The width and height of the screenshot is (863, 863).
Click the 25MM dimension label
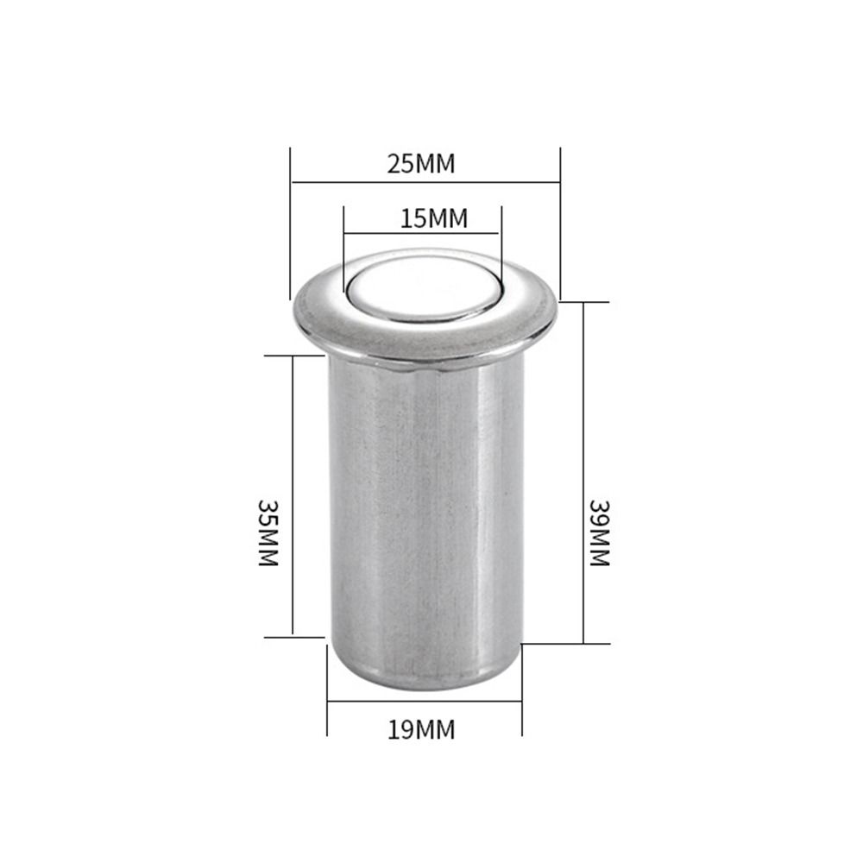421,164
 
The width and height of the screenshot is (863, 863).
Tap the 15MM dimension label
434,218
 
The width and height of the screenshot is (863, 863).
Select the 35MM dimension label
268,532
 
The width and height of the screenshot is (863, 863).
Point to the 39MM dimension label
600,532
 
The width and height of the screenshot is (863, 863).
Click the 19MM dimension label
422,730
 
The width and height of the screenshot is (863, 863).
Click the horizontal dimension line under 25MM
425,182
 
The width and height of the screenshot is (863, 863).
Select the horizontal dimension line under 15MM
421,233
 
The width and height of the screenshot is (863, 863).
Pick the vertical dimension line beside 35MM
293,496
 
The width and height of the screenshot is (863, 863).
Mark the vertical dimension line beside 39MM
583,473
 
